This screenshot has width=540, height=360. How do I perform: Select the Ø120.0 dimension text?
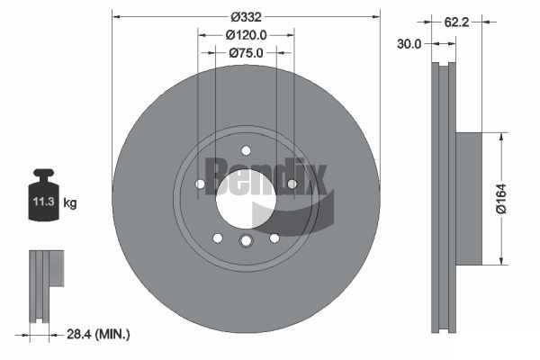point(246,34)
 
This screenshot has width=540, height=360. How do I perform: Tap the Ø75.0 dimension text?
point(246,53)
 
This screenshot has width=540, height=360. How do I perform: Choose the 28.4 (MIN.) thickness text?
point(98,335)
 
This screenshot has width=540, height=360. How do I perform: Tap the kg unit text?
point(70,203)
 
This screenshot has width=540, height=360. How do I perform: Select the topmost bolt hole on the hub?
point(246,150)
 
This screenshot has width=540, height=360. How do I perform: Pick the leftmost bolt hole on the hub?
point(200,184)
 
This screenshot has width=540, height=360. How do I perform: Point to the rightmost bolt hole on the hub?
point(292,184)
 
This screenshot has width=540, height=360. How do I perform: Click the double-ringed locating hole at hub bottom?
point(246,240)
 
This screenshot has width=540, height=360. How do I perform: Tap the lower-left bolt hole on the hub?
point(217,238)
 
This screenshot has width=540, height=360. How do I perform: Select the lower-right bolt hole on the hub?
point(274,238)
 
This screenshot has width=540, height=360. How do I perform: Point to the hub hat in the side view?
point(469,199)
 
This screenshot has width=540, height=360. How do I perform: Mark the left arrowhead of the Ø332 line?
point(114,16)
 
